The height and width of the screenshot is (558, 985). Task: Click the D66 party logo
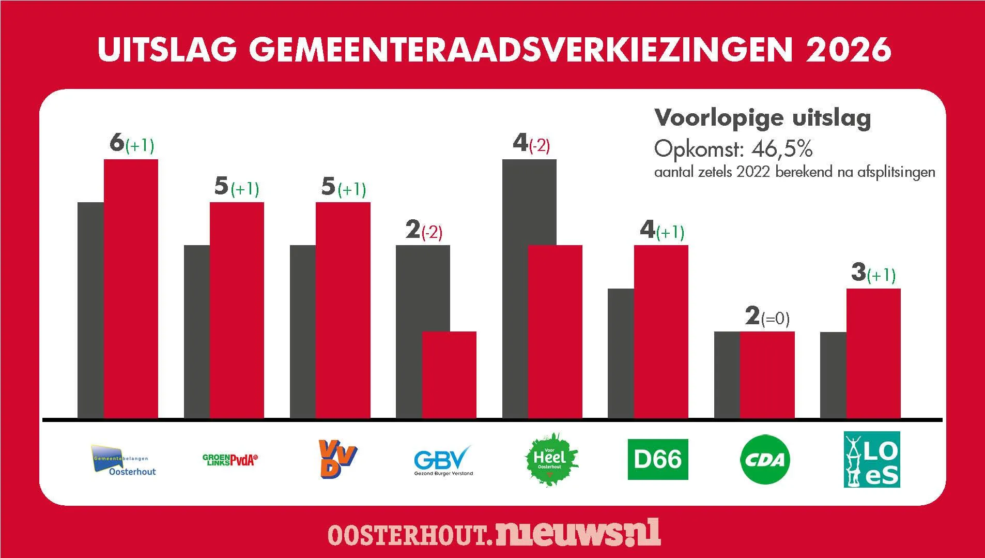pyautogui.click(x=657, y=459)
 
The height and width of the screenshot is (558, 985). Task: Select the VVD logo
pyautogui.click(x=337, y=459)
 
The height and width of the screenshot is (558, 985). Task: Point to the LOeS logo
pyautogui.click(x=872, y=459)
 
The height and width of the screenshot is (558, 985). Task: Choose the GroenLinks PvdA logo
pyautogui.click(x=230, y=460)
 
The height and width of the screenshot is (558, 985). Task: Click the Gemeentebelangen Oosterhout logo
pyautogui.click(x=124, y=460)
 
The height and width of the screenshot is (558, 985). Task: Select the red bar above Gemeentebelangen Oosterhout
pyautogui.click(x=131, y=288)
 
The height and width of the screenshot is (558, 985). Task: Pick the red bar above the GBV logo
pyautogui.click(x=449, y=374)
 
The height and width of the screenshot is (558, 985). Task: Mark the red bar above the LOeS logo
pyautogui.click(x=873, y=353)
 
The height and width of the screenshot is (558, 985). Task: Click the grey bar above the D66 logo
pyautogui.click(x=620, y=353)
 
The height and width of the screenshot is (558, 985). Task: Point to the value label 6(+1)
pyautogui.click(x=132, y=144)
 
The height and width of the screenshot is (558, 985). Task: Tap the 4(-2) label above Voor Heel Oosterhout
pyautogui.click(x=531, y=144)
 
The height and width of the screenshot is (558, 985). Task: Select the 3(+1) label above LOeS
pyautogui.click(x=873, y=273)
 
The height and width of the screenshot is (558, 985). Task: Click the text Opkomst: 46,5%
pyautogui.click(x=733, y=149)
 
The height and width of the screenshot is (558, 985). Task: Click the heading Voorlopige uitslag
pyautogui.click(x=763, y=118)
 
